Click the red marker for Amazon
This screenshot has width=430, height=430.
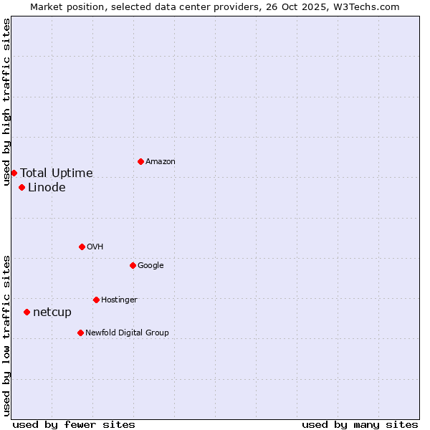[x=140, y=161]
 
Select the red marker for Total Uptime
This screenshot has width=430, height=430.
[x=14, y=173]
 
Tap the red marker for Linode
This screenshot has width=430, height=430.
[x=22, y=188]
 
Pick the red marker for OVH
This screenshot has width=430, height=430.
[x=82, y=247]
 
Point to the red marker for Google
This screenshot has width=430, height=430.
[x=133, y=265]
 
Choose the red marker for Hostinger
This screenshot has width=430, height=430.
[x=96, y=300]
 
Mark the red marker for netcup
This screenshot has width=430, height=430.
[x=27, y=312]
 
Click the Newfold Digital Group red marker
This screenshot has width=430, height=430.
[x=80, y=333]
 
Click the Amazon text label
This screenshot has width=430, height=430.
[x=161, y=161]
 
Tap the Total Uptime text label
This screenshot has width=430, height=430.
[x=57, y=173]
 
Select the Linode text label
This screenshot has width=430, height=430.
[x=47, y=188]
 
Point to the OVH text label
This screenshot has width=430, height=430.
[x=95, y=247]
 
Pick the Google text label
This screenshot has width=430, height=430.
[x=150, y=265]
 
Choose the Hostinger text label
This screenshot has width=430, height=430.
[x=119, y=300]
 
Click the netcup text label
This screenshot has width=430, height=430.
[x=52, y=312]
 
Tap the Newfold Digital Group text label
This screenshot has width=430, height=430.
[x=127, y=333]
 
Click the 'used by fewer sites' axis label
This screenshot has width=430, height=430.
[x=74, y=424]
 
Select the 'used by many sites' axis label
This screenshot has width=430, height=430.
[x=360, y=424]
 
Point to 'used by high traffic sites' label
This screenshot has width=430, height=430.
[x=6, y=102]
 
